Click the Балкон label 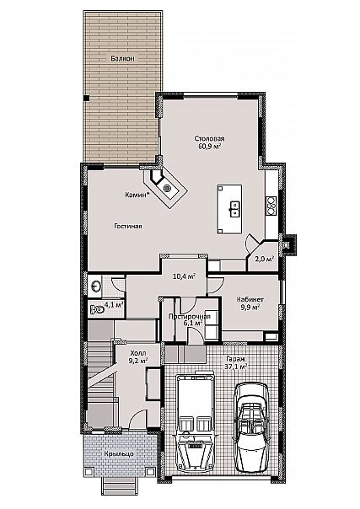pyautogui.click(x=122, y=58)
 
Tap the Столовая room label pyautogui.click(x=209, y=138)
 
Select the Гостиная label pyautogui.click(x=128, y=226)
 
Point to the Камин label pyautogui.click(x=137, y=195)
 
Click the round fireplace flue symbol pyautogui.click(x=167, y=187)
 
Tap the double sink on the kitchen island pyautogui.click(x=234, y=208)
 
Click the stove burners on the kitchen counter pyautogui.click(x=271, y=206)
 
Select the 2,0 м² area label pyautogui.click(x=264, y=259)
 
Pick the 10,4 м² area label pyautogui.click(x=184, y=276)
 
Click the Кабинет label pyautogui.click(x=250, y=299)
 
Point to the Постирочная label pyautogui.click(x=190, y=316)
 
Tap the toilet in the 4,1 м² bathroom pyautogui.click(x=97, y=309)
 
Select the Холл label pyautogui.click(x=138, y=353)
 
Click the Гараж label pyautogui.click(x=236, y=359)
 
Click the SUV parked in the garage pyautogui.click(x=195, y=422)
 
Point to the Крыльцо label pyautogui.click(x=119, y=454)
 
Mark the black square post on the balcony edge pyautogui.click(x=86, y=98)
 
